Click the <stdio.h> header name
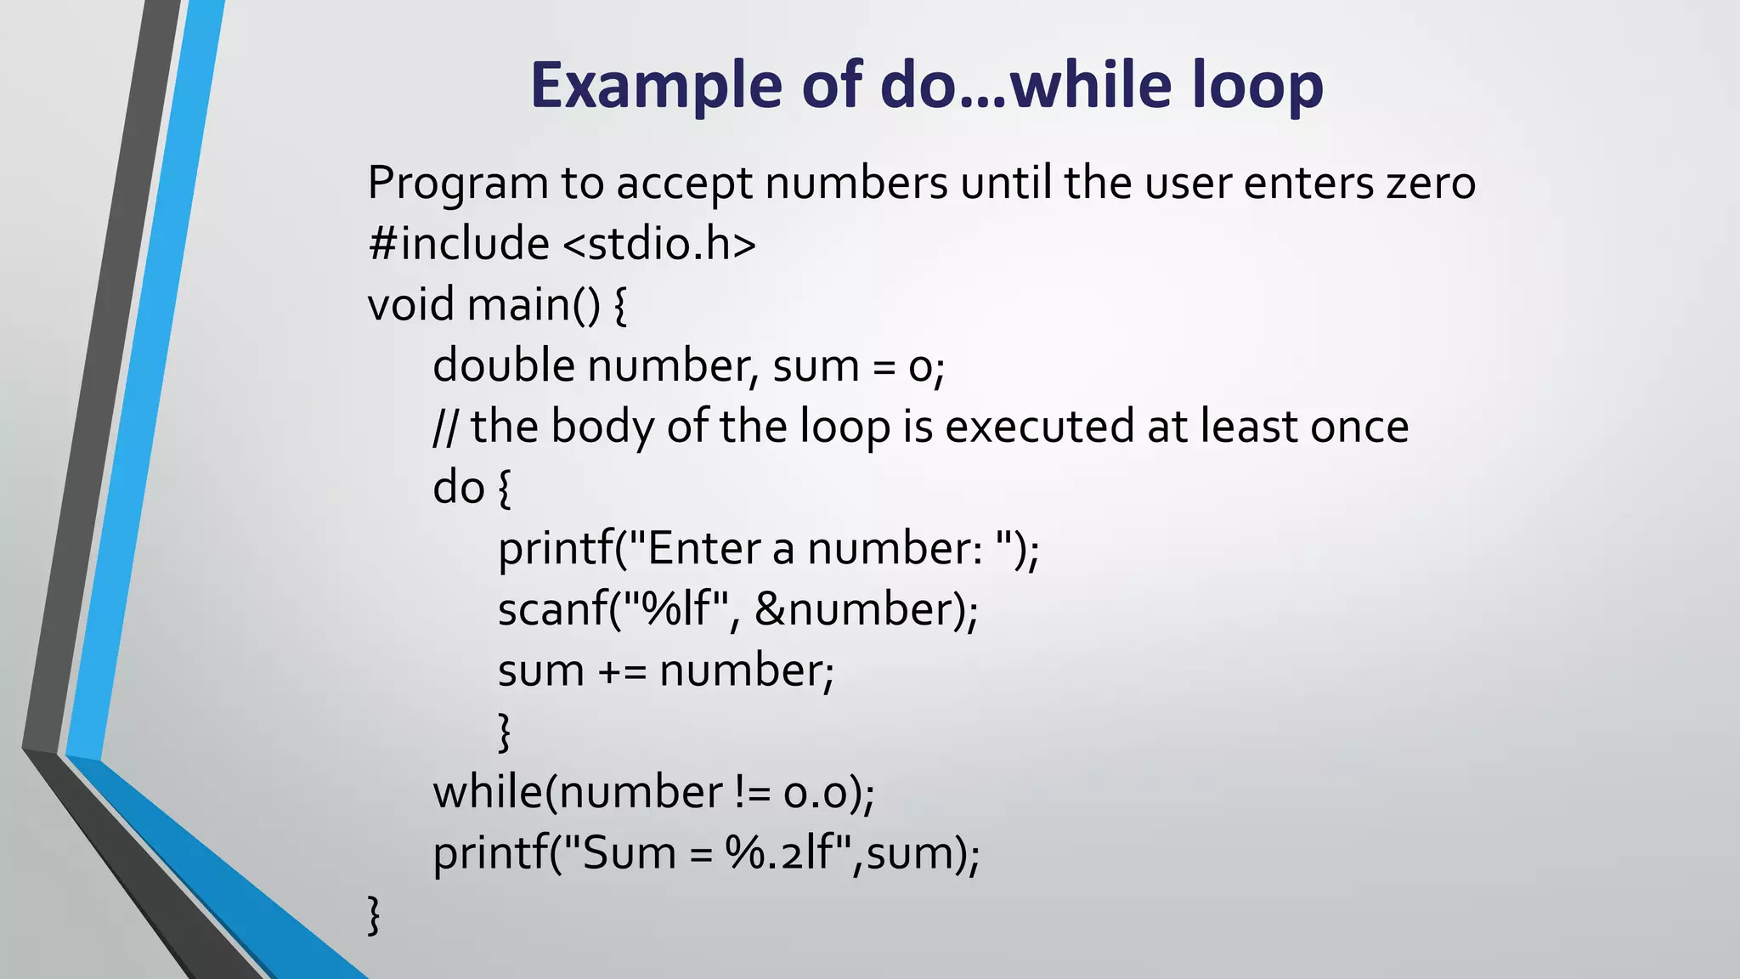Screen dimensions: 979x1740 tap(659, 244)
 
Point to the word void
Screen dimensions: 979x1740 tap(411, 304)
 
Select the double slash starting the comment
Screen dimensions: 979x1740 tap(445, 427)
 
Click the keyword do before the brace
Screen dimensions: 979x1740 tap(458, 488)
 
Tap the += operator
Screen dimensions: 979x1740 tap(622, 671)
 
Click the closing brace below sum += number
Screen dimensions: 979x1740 tap(505, 732)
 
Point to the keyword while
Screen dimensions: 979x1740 tap(487, 793)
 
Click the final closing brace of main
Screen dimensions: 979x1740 tap(374, 914)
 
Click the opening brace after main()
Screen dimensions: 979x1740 tap(619, 304)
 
